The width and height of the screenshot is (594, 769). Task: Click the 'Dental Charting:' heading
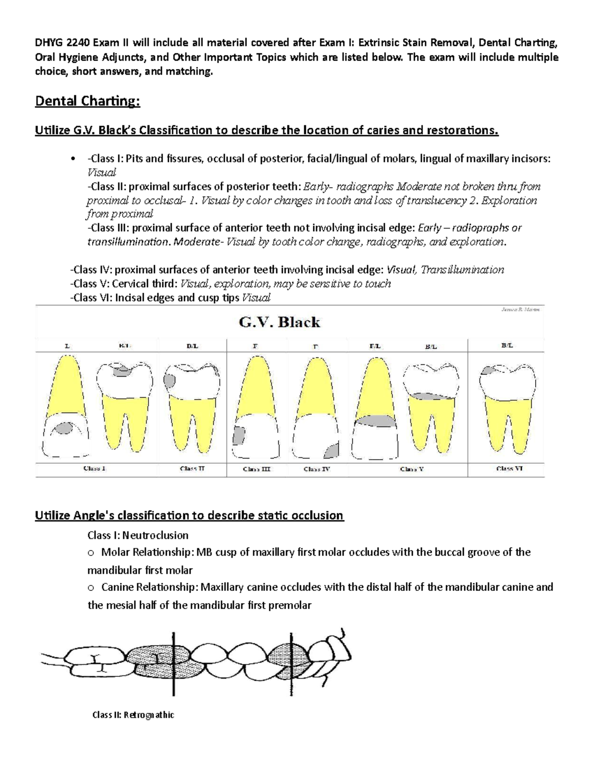(88, 102)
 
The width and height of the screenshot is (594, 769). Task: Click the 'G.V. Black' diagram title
(280, 323)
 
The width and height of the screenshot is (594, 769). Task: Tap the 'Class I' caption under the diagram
(94, 468)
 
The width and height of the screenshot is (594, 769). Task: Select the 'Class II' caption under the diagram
(192, 468)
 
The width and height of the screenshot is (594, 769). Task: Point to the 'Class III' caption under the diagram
(256, 469)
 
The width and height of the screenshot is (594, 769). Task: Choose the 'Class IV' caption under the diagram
(317, 469)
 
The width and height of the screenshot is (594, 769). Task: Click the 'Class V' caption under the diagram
(412, 469)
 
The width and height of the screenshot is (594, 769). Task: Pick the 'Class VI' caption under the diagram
(509, 468)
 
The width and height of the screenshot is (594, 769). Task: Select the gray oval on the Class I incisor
(63, 428)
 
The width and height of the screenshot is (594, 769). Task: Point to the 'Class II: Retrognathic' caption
(133, 715)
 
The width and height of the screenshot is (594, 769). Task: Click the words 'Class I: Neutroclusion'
(138, 535)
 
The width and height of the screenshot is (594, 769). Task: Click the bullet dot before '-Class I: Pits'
(73, 159)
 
